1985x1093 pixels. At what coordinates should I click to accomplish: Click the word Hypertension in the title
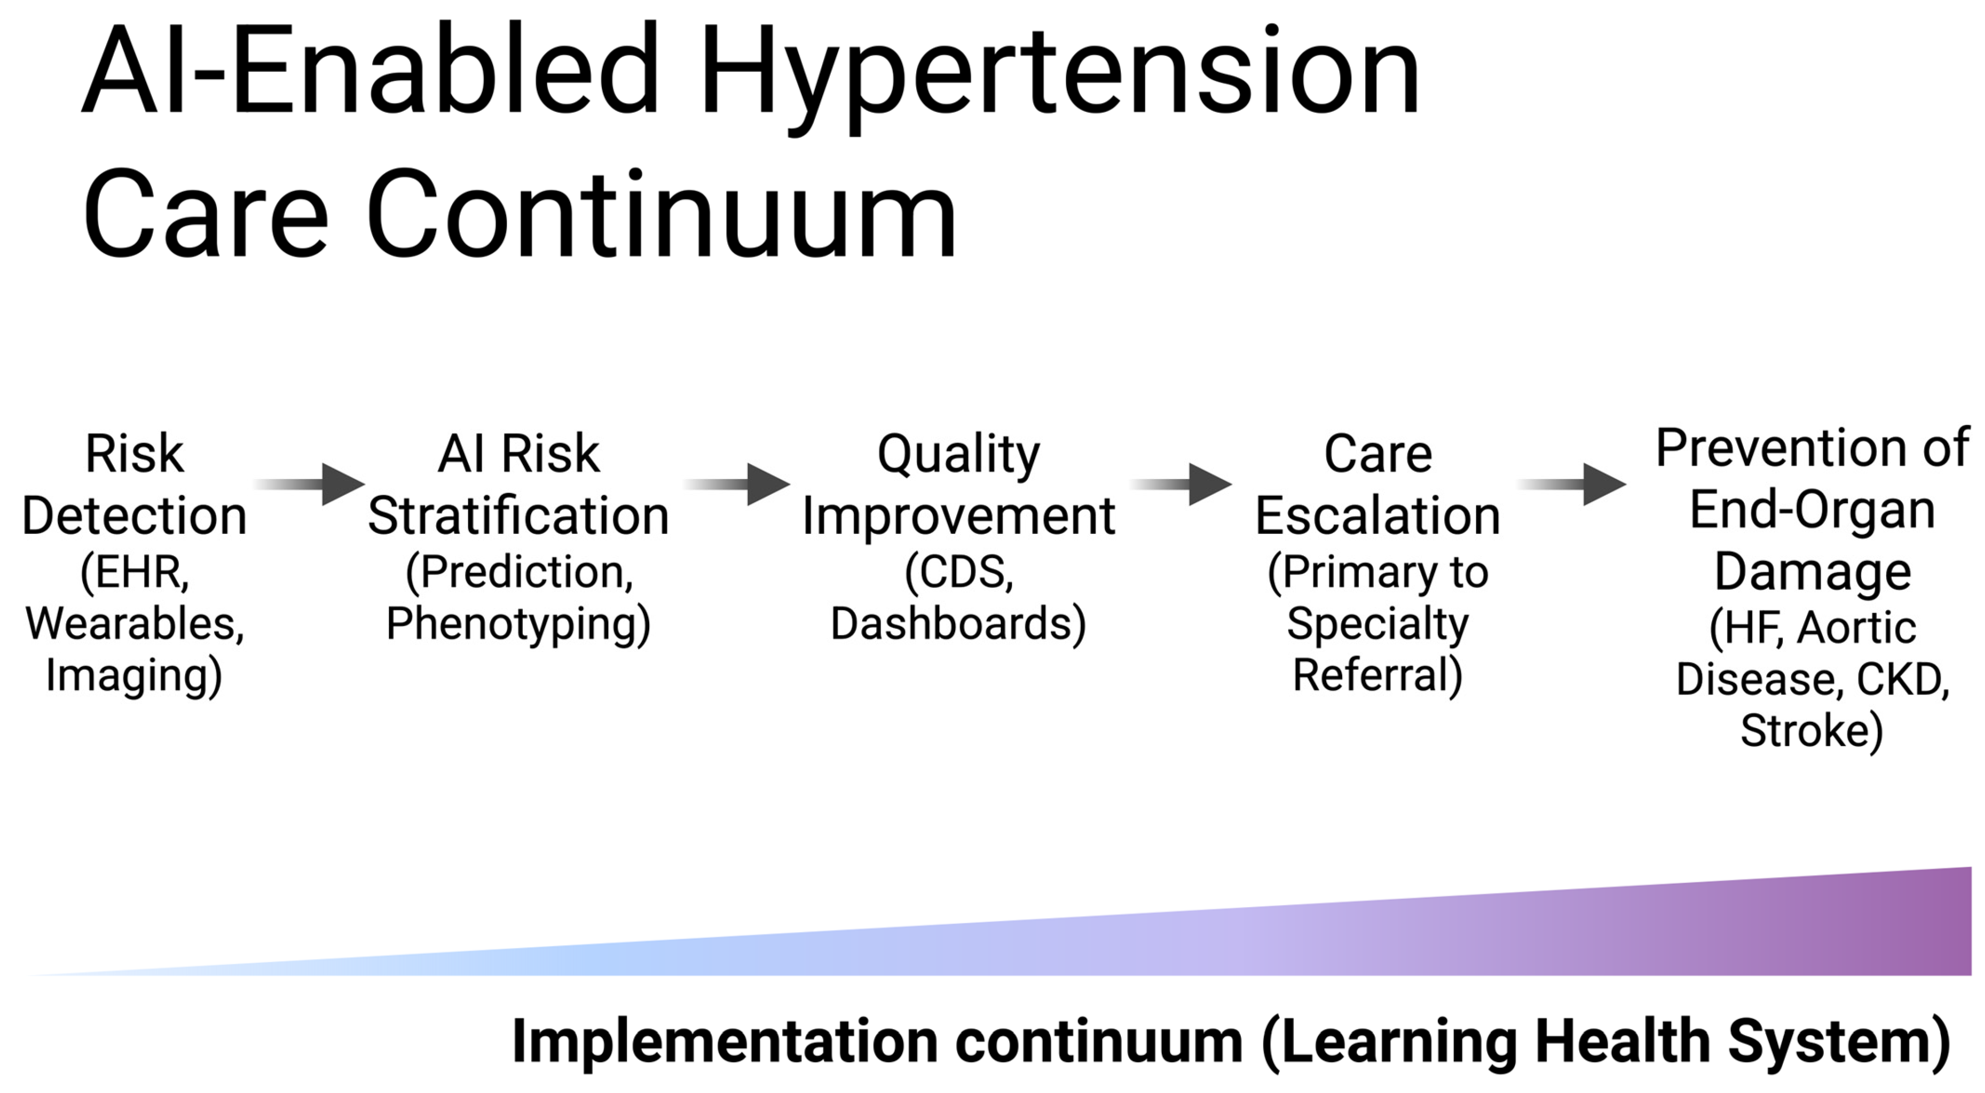coord(1059,77)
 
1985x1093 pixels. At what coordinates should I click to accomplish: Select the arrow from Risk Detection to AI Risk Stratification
coord(308,484)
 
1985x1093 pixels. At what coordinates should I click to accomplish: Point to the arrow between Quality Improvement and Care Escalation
coord(1181,484)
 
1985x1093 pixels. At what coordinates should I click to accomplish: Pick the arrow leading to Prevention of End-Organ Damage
coord(1572,484)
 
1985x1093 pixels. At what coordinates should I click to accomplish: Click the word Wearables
coord(135,623)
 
